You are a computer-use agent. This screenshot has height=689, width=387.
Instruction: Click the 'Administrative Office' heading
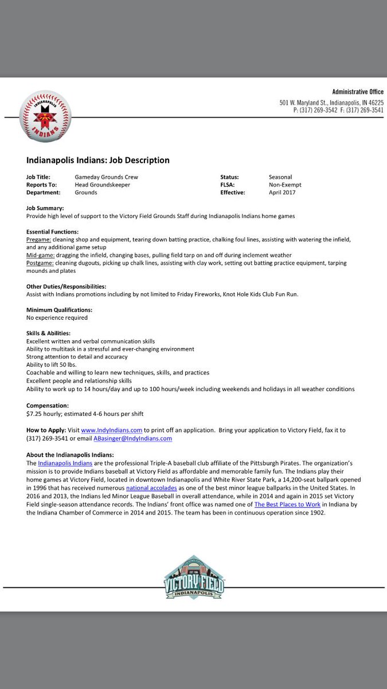(358, 92)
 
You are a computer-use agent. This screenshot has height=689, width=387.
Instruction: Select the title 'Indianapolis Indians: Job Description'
(98, 160)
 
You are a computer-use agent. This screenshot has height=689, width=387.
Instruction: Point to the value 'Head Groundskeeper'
(102, 185)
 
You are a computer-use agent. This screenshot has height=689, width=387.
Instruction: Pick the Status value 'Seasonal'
(280, 177)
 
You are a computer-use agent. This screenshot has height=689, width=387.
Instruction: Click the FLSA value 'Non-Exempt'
(285, 185)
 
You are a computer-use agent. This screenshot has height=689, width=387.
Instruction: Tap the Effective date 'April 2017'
(283, 193)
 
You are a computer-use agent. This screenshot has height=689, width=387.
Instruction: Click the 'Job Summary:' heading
(45, 208)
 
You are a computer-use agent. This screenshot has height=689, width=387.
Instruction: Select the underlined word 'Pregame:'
(39, 239)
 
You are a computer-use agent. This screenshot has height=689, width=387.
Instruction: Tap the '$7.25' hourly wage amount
(34, 413)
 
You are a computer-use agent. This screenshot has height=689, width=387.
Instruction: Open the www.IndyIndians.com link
(111, 430)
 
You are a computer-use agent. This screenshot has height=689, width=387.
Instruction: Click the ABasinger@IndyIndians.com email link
(136, 438)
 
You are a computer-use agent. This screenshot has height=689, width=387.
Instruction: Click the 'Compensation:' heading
(46, 405)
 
